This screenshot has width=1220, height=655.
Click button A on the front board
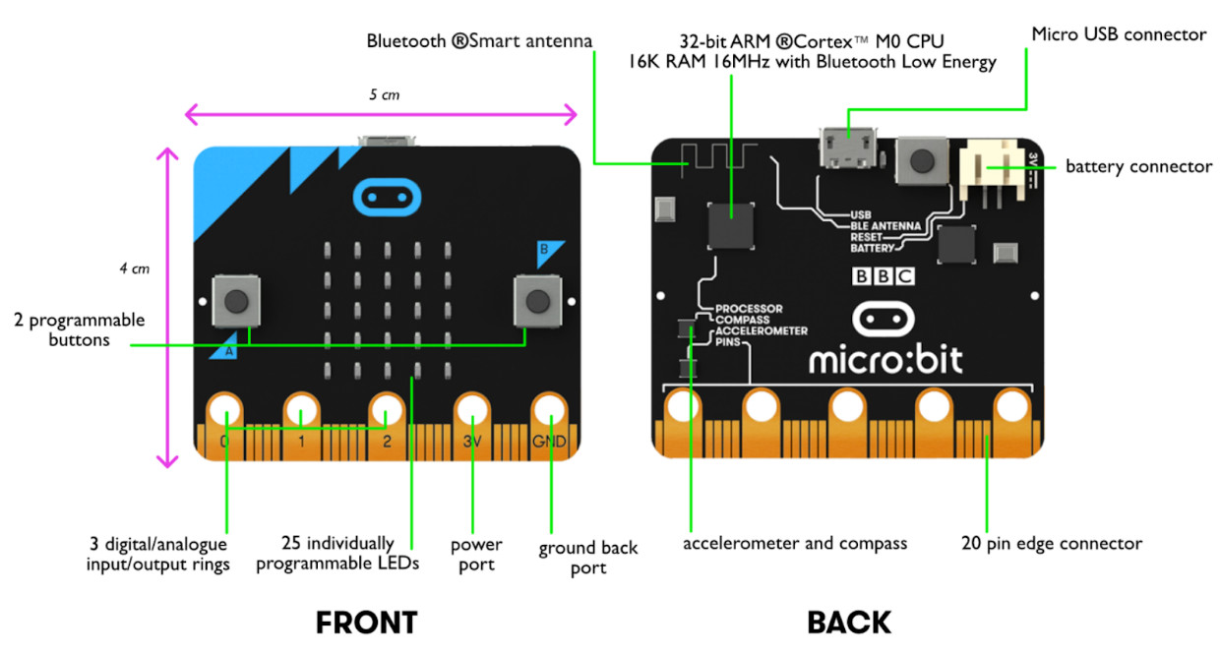(x=236, y=301)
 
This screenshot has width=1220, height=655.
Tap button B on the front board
(x=535, y=301)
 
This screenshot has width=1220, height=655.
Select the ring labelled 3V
(x=472, y=409)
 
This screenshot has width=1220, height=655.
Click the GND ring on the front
(x=550, y=409)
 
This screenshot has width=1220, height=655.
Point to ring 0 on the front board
(x=225, y=409)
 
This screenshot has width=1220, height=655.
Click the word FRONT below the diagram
(x=366, y=623)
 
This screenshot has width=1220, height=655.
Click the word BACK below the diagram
(x=849, y=623)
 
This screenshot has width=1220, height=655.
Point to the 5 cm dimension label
(x=385, y=95)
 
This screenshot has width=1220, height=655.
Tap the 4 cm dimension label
(x=134, y=268)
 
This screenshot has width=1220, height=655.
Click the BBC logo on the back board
(x=884, y=277)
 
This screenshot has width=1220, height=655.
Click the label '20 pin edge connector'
(x=1052, y=543)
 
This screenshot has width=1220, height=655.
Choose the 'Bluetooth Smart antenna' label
(x=479, y=41)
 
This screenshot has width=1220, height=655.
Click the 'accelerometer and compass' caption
(x=795, y=543)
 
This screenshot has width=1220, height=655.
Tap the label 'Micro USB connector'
(x=1118, y=34)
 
